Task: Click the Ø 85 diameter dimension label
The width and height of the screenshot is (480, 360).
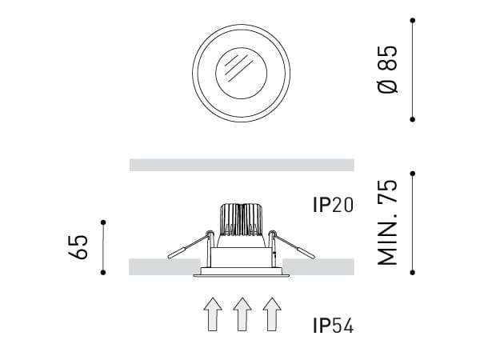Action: (x=388, y=69)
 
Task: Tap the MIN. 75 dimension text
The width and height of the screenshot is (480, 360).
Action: (x=388, y=222)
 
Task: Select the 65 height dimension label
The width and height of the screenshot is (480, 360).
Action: (x=78, y=247)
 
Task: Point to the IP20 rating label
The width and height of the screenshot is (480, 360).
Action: (x=333, y=205)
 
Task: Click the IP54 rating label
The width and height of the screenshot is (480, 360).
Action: (x=333, y=325)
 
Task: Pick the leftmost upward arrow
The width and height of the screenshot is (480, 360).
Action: (x=213, y=314)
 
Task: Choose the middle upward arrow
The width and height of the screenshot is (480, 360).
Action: (x=242, y=314)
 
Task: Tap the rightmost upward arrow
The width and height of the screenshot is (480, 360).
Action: (x=272, y=314)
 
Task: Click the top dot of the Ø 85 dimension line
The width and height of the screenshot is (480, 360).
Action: (x=413, y=21)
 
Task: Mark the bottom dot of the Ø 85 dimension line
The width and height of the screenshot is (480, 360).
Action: (x=413, y=119)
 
